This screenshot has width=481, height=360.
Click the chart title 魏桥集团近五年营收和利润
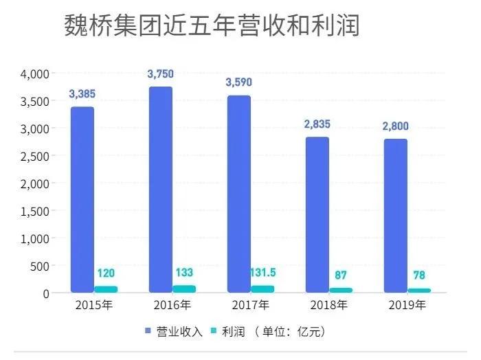coord(212,27)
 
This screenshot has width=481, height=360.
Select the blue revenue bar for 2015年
coord(82,199)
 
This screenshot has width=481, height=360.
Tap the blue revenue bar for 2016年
coord(161,189)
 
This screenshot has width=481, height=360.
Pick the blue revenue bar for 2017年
coord(239,194)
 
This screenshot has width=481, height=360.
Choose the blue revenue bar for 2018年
coord(317,214)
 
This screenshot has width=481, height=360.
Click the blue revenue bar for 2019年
coord(395,216)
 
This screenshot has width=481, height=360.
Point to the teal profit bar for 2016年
coord(184,289)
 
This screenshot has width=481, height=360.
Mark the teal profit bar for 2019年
coord(419,291)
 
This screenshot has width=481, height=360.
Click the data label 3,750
coord(161,74)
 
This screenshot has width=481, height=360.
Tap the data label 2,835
coord(317,124)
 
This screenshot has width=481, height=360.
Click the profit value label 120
coord(106,273)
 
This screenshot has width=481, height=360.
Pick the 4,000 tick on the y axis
coord(35,74)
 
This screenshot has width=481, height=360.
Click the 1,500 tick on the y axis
coord(35,211)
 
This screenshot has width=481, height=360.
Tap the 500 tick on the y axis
coord(39,266)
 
